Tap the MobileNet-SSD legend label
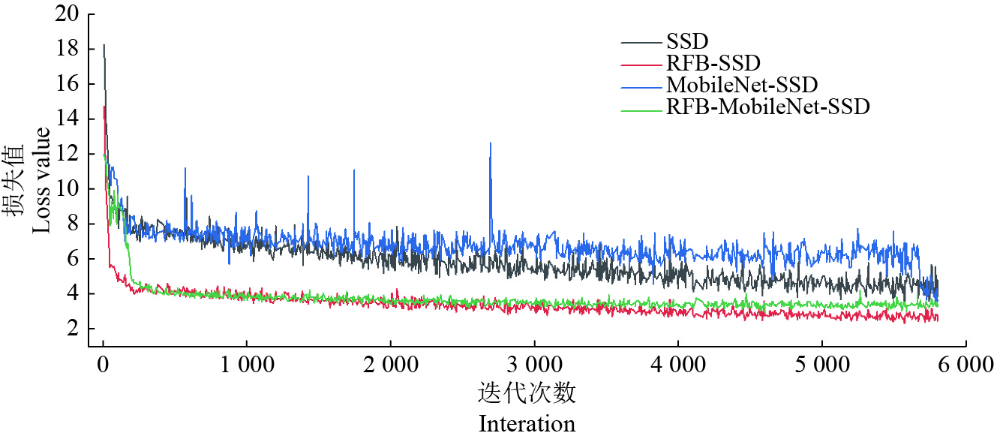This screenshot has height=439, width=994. pyautogui.click(x=741, y=84)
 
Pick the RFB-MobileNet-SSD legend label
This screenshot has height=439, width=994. pyautogui.click(x=767, y=107)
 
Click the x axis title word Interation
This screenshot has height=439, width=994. pyautogui.click(x=527, y=423)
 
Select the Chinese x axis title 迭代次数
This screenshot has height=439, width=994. pyautogui.click(x=527, y=394)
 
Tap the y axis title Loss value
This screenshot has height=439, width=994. pyautogui.click(x=41, y=180)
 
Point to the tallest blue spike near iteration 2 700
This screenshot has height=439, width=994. pyautogui.click(x=491, y=144)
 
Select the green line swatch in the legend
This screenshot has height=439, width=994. pyautogui.click(x=641, y=110)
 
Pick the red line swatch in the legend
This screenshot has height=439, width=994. pyautogui.click(x=641, y=65)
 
